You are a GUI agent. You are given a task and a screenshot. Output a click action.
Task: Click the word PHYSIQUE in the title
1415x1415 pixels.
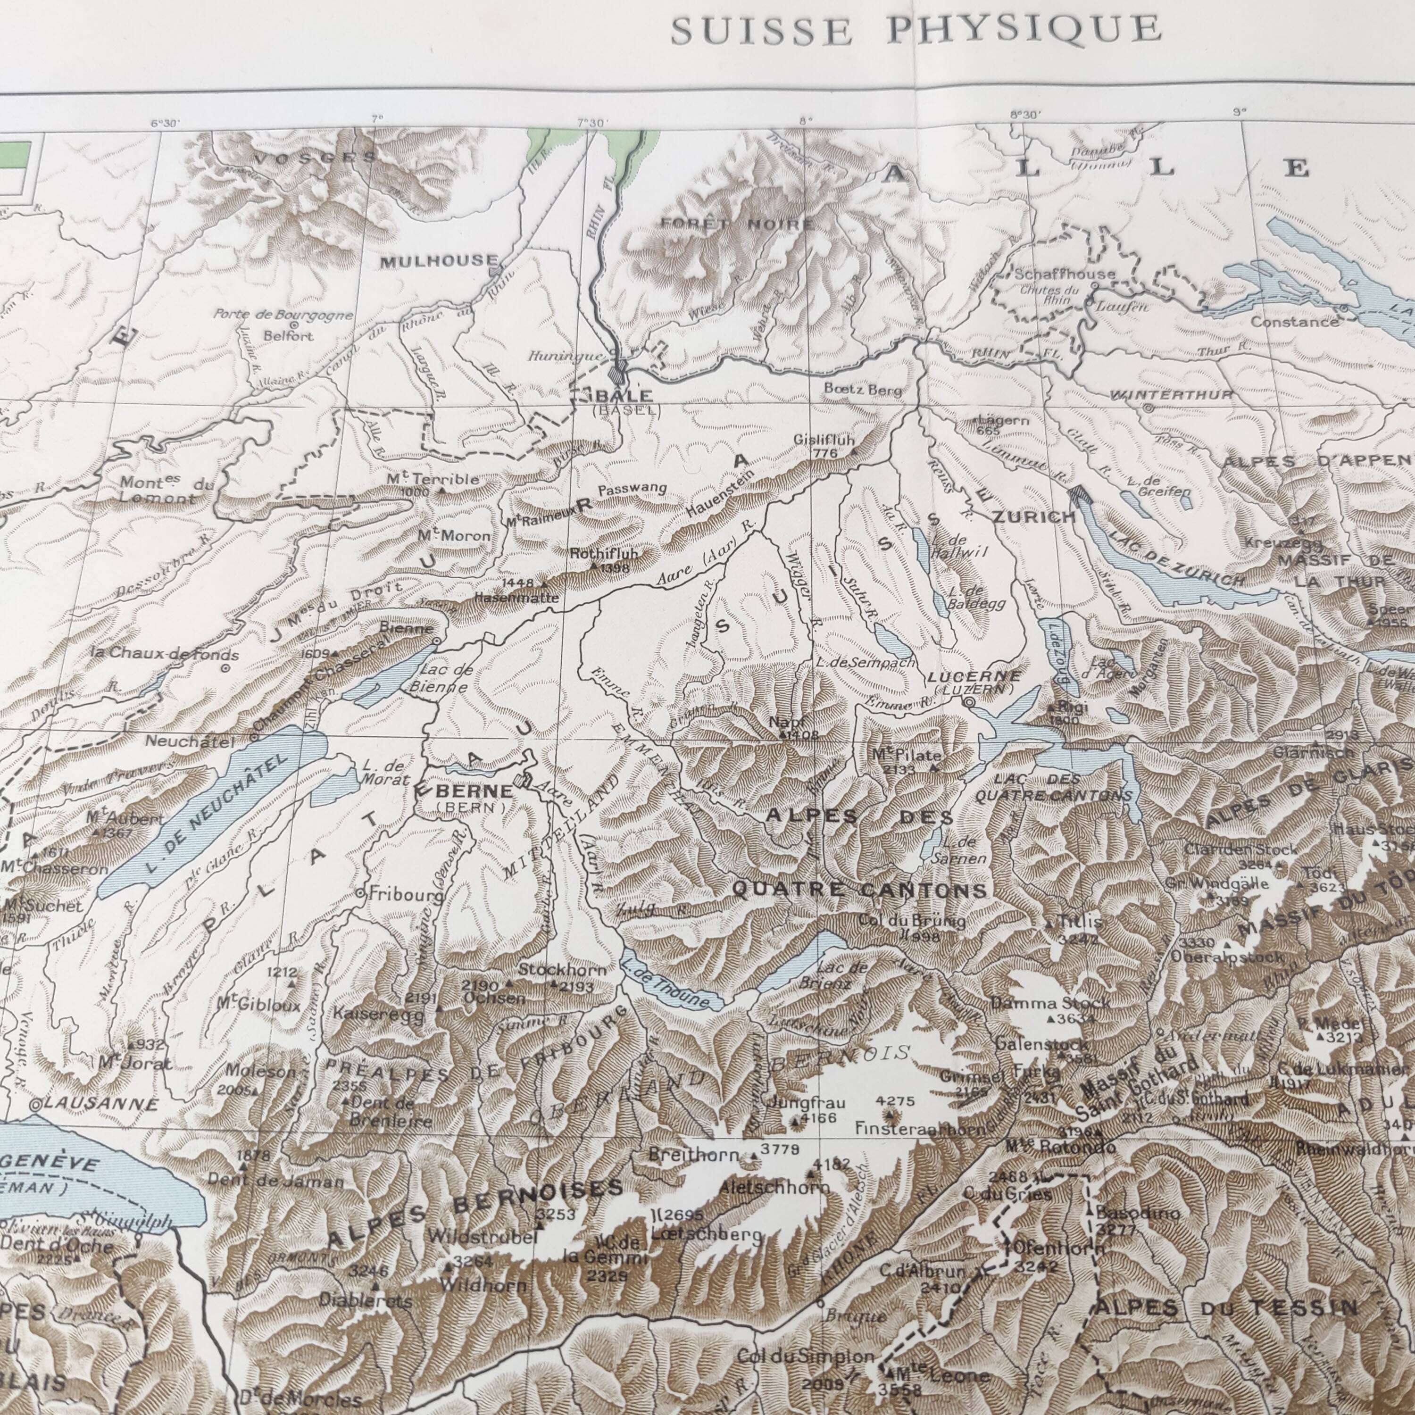(x=1024, y=29)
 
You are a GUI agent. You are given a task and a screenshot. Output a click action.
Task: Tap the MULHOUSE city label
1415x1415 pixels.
(x=439, y=261)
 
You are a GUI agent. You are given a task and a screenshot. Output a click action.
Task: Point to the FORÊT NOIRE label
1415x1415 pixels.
(x=737, y=224)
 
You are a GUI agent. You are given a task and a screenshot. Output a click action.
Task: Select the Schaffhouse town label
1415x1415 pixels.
(x=1064, y=274)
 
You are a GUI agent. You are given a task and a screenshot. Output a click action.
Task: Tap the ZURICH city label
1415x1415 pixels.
(x=1033, y=517)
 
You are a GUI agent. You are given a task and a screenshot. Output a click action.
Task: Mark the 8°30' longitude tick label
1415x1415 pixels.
(x=1024, y=114)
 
